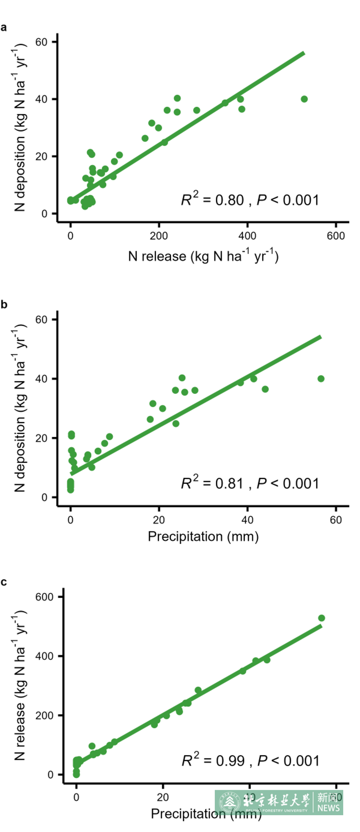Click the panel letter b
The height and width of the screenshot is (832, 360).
(4, 305)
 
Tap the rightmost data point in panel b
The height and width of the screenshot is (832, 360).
(321, 378)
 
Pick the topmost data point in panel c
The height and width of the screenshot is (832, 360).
(322, 618)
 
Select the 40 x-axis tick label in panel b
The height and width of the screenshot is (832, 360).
(247, 520)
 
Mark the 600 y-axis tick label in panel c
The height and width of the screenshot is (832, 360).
(44, 597)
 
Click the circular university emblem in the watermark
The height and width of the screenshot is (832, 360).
(230, 802)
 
